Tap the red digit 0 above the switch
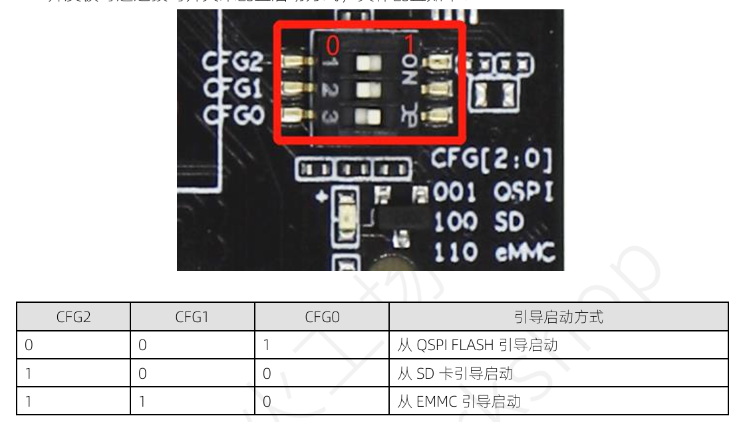point(333,45)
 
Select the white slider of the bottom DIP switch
point(363,116)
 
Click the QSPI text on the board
point(523,193)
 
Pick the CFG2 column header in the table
point(73,317)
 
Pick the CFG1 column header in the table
point(192,317)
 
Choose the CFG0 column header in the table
point(322,317)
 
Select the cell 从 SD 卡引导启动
point(455,373)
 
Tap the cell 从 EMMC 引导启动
point(459,401)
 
